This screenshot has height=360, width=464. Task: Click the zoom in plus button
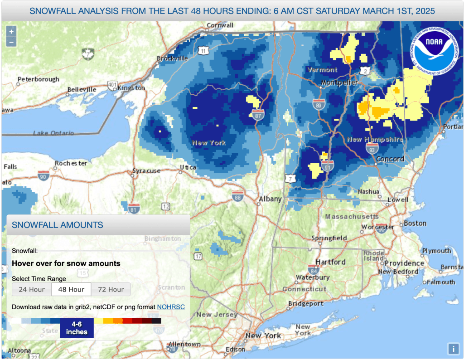click(x=11, y=31)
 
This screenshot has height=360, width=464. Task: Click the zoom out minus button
click(x=11, y=42)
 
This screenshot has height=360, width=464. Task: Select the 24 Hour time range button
click(x=32, y=289)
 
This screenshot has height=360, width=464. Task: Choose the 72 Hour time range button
click(x=111, y=289)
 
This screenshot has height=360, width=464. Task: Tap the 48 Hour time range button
click(x=71, y=289)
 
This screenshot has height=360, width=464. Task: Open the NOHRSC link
click(x=171, y=307)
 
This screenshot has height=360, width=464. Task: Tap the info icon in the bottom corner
click(x=453, y=349)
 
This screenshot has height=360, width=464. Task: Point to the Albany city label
click(x=270, y=199)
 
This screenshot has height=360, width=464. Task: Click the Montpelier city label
click(x=339, y=83)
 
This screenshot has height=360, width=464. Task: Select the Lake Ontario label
click(x=53, y=133)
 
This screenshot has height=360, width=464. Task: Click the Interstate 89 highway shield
click(x=319, y=104)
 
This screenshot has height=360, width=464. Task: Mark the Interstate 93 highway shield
click(x=370, y=148)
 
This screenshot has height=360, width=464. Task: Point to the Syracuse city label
click(x=146, y=171)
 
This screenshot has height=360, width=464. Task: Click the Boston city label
click(x=415, y=223)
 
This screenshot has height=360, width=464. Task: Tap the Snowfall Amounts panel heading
click(x=57, y=225)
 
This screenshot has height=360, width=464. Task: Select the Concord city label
click(x=390, y=159)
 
